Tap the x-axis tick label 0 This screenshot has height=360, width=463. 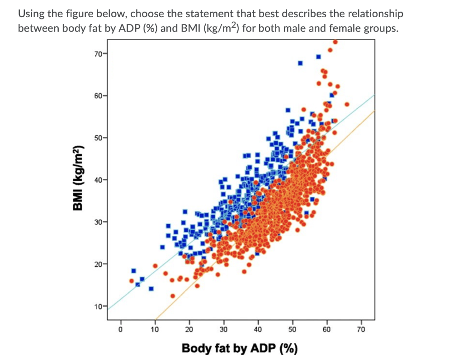point(120,329)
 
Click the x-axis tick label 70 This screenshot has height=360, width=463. point(360,329)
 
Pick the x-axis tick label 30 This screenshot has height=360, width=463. point(223,329)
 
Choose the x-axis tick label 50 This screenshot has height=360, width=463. point(292,329)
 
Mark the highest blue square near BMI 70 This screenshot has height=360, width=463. point(318,56)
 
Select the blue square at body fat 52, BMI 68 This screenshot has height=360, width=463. point(300,63)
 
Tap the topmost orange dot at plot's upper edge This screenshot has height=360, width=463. point(335,42)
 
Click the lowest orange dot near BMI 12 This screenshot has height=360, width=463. point(172,296)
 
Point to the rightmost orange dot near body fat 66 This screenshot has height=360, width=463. point(347,104)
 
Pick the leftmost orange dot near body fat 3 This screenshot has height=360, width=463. point(132,281)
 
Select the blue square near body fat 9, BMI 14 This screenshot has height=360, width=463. point(151,288)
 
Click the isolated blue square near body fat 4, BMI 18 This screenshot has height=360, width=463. point(133,271)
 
